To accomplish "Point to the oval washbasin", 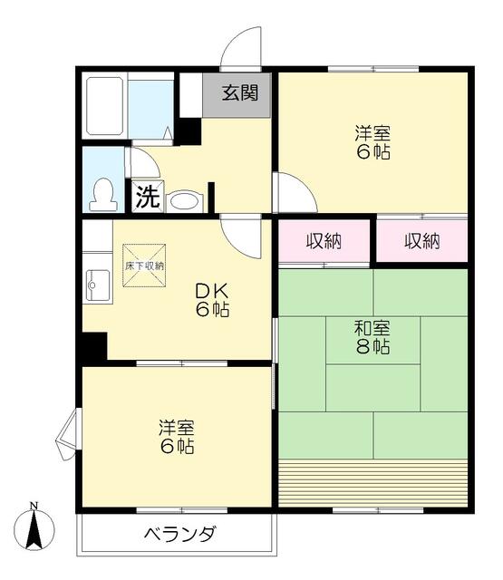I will (x=184, y=200).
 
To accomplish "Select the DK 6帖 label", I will (x=215, y=300).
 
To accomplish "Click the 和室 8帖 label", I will (x=372, y=337).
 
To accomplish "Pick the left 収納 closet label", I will (x=324, y=241).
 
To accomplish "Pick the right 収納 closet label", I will (x=422, y=241).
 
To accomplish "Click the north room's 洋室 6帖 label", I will (x=372, y=143).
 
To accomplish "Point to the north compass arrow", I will (x=34, y=531).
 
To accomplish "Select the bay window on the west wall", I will (x=68, y=436).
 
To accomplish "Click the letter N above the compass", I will (x=34, y=506).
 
